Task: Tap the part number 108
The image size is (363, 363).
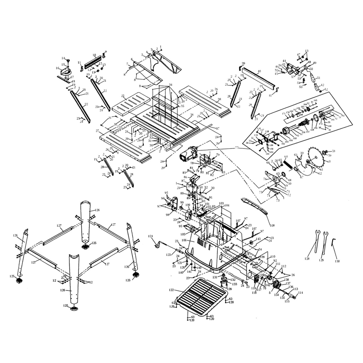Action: coord(272,225)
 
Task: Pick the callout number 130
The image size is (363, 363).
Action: coord(337,262)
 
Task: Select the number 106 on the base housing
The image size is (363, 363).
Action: coord(185,240)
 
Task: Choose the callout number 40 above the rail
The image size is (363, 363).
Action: coord(259,71)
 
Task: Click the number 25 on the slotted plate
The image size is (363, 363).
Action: coord(123,96)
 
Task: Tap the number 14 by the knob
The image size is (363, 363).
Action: coord(63,58)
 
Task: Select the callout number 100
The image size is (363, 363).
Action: coord(187,205)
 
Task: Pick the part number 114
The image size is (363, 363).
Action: coord(300,293)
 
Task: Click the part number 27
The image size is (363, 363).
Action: coord(97,131)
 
